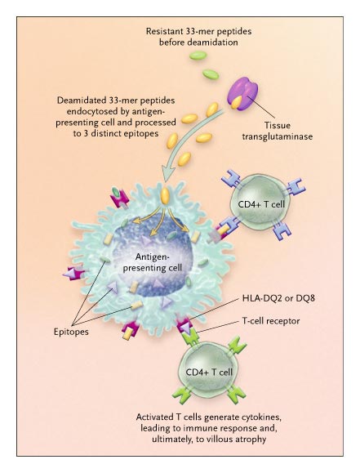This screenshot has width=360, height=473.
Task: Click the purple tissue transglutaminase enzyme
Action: pyautogui.click(x=245, y=91)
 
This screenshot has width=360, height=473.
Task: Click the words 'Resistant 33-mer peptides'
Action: pyautogui.click(x=198, y=31)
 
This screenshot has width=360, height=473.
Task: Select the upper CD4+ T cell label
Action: pyautogui.click(x=261, y=204)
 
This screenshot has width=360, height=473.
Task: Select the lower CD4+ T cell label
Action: pyautogui.click(x=209, y=372)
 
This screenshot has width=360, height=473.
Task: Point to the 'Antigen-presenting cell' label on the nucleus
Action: pyautogui.click(x=153, y=262)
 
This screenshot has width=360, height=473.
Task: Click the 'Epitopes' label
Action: pyautogui.click(x=71, y=332)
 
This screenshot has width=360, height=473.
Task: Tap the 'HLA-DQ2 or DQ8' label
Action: pyautogui.click(x=278, y=299)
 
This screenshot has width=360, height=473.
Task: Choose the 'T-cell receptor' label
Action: pyautogui.click(x=271, y=321)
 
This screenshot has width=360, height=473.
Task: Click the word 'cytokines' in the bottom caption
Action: pyautogui.click(x=262, y=417)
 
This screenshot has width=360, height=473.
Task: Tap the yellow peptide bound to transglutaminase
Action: pyautogui.click(x=237, y=102)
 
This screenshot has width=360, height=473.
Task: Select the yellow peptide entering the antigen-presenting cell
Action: pyautogui.click(x=165, y=196)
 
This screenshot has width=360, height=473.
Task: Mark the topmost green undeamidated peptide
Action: pyautogui.click(x=198, y=56)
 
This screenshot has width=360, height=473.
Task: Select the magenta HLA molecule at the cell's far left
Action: pyautogui.click(x=73, y=274)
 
